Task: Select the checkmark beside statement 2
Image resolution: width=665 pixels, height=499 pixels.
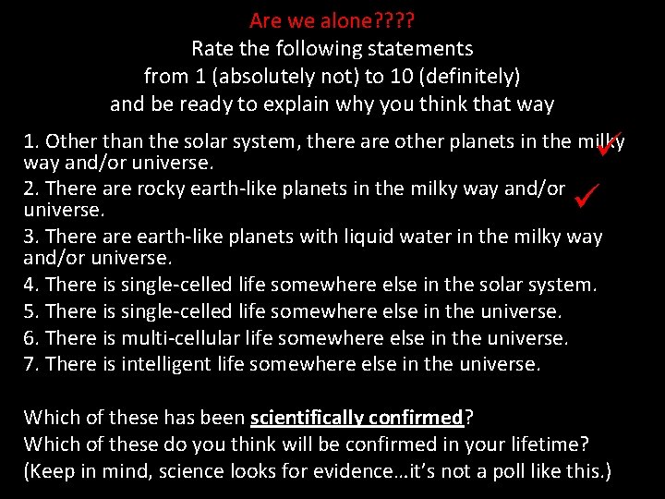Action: tap(586, 193)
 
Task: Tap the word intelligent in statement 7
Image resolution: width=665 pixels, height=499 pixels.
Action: tap(163, 364)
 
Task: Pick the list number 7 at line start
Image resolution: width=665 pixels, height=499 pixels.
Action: tap(30, 364)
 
